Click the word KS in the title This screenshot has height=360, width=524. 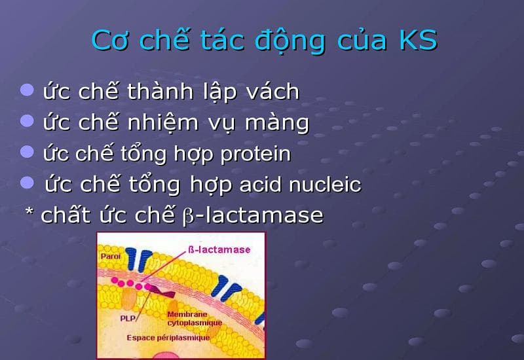[x=417, y=40]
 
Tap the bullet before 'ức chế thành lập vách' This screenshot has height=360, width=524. [x=27, y=90]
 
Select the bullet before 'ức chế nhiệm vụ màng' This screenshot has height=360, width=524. [x=27, y=121]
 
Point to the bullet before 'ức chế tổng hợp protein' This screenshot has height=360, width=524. [x=27, y=153]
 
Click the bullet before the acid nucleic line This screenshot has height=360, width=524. [x=27, y=183]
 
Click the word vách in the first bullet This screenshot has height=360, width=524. [x=270, y=92]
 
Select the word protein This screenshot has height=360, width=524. [x=255, y=154]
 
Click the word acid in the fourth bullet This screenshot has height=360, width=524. [x=260, y=185]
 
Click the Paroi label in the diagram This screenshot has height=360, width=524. [x=109, y=257]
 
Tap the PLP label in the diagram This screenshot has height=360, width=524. [x=128, y=317]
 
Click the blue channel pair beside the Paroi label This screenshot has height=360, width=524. [x=139, y=259]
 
